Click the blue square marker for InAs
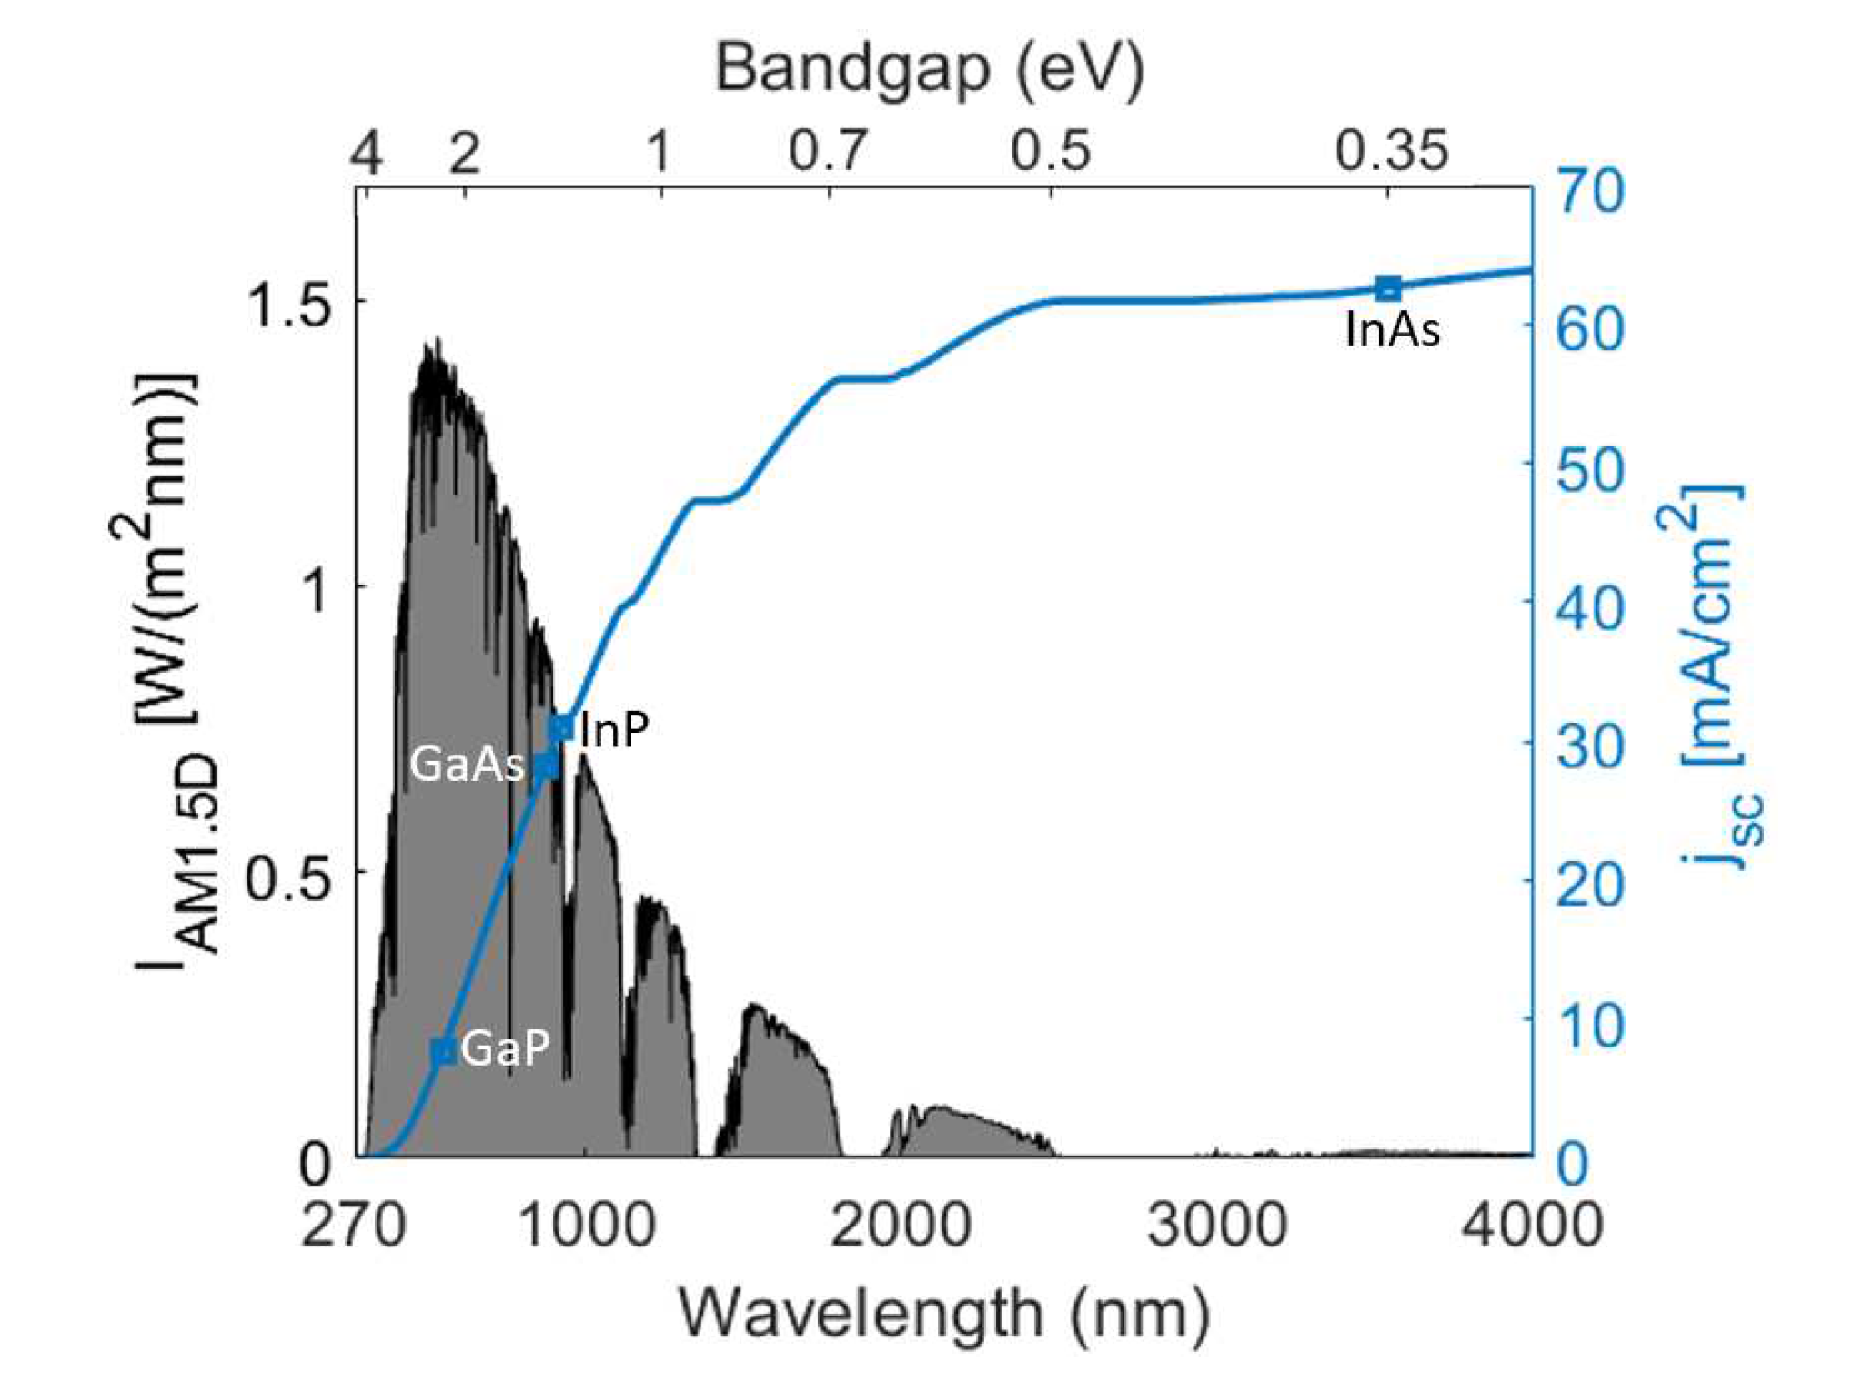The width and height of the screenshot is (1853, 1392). [1387, 288]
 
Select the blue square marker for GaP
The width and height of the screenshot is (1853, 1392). [443, 1051]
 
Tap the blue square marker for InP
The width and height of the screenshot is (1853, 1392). [561, 727]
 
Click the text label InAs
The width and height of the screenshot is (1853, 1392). [1393, 329]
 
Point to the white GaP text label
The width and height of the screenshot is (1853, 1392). [506, 1048]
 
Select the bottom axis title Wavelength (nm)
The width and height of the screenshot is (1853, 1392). [944, 1313]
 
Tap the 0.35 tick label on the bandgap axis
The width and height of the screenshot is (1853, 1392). [1391, 150]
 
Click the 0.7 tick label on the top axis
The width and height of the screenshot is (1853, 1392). [828, 150]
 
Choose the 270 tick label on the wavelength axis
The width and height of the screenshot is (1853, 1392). [353, 1224]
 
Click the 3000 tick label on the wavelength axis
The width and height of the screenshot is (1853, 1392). [1216, 1224]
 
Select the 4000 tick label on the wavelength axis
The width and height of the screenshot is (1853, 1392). [1532, 1224]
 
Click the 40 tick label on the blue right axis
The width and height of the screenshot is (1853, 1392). [1590, 606]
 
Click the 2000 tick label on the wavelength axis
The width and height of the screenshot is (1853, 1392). [901, 1224]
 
